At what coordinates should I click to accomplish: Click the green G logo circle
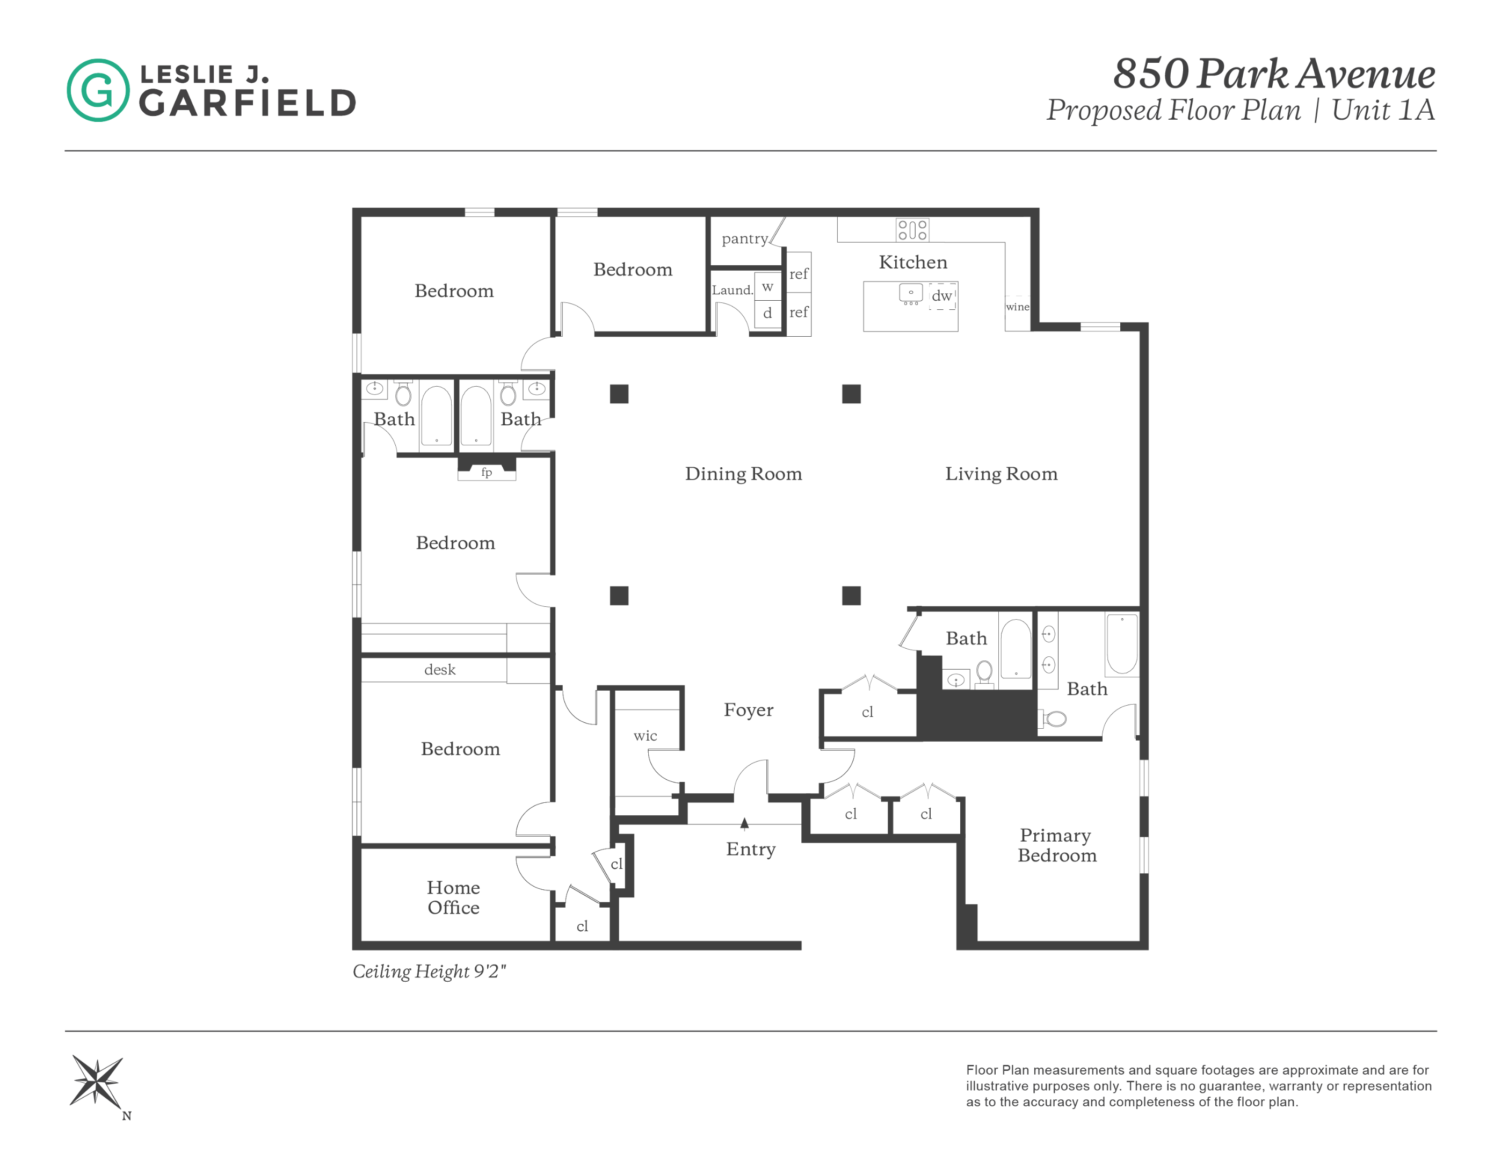[98, 90]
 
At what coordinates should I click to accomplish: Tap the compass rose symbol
[97, 1081]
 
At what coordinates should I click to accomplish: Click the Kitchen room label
[913, 262]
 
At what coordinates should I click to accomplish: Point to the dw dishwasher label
[941, 295]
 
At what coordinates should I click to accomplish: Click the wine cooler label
[1017, 307]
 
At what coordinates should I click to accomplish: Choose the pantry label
[745, 238]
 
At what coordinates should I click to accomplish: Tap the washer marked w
[767, 287]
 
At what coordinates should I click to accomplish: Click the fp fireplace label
[487, 472]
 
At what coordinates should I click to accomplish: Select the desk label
[440, 669]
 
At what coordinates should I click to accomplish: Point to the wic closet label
[646, 735]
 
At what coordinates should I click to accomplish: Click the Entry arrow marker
[744, 823]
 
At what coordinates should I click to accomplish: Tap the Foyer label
[749, 709]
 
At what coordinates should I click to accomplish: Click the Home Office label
[454, 897]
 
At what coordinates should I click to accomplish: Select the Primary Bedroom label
[1056, 845]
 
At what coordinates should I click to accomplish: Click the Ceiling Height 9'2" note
[430, 971]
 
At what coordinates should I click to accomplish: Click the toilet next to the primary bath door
[1054, 719]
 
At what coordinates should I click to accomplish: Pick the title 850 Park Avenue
[1273, 74]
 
